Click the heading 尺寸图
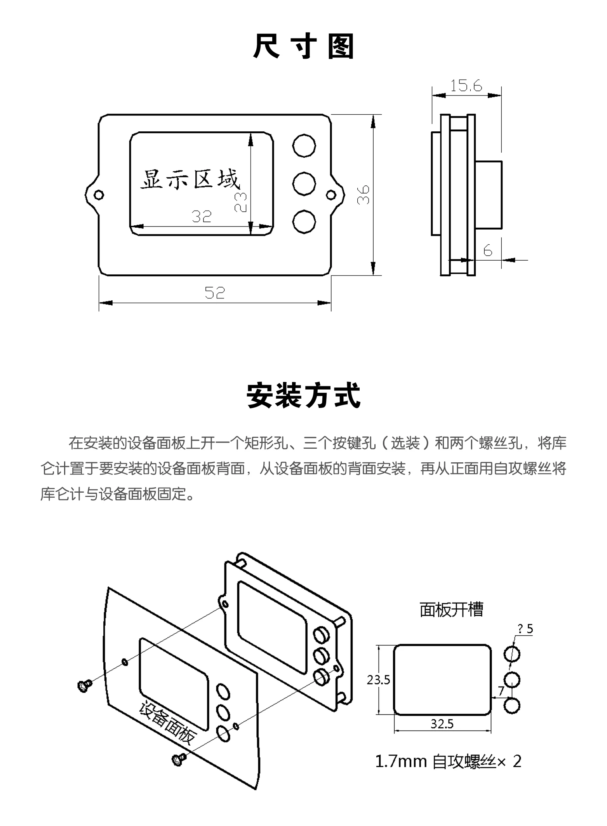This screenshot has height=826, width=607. pyautogui.click(x=303, y=47)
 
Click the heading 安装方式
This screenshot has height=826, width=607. pyautogui.click(x=303, y=396)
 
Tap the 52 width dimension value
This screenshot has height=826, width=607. pyautogui.click(x=215, y=293)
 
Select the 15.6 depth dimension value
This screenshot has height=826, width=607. pyautogui.click(x=466, y=85)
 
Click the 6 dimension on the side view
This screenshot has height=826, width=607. pyautogui.click(x=488, y=251)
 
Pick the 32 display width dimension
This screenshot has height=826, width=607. pyautogui.click(x=202, y=216)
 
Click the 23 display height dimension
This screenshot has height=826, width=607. pyautogui.click(x=241, y=202)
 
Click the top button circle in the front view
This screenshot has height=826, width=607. pyautogui.click(x=304, y=146)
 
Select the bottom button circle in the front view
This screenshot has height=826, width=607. pyautogui.click(x=304, y=222)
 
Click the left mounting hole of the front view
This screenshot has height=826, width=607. pyautogui.click(x=99, y=194)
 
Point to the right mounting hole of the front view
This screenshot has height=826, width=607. pyautogui.click(x=330, y=194)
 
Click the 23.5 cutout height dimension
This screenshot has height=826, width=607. pyautogui.click(x=378, y=680)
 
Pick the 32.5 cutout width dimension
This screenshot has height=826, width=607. pyautogui.click(x=442, y=724)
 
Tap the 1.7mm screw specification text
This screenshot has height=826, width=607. pyautogui.click(x=448, y=762)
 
